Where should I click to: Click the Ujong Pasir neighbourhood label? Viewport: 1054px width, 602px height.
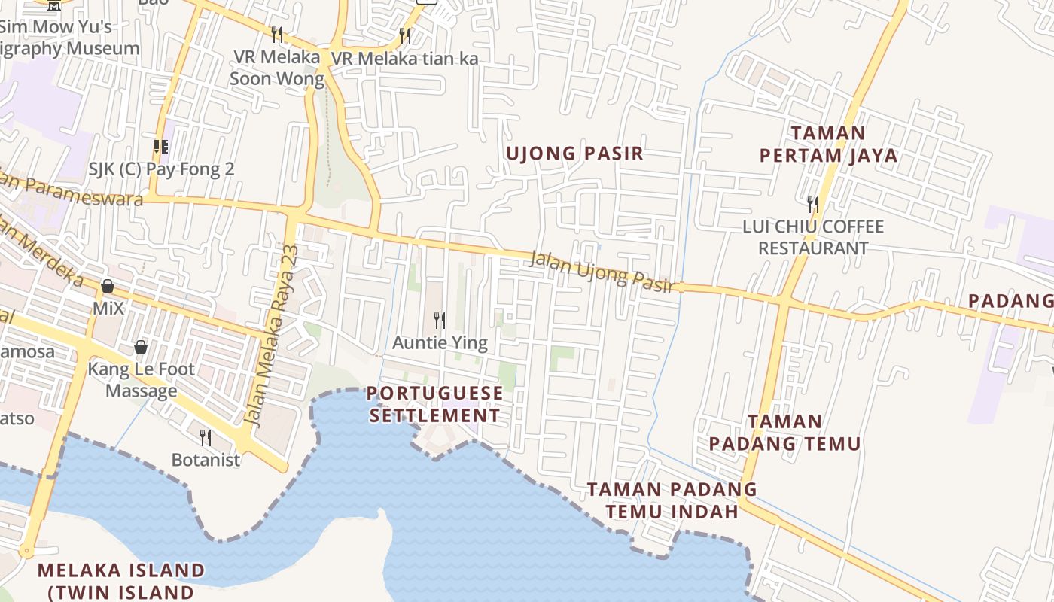[574, 154]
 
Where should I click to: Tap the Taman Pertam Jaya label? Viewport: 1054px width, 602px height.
[828, 144]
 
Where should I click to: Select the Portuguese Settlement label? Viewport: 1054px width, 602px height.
[435, 404]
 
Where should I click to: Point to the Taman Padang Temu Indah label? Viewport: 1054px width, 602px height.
[672, 500]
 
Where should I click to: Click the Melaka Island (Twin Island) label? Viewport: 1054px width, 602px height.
[120, 581]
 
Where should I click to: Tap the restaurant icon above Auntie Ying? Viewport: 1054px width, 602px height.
[440, 321]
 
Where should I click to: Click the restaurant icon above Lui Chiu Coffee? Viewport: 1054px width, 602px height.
[813, 203]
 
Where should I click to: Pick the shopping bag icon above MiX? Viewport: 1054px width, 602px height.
[108, 286]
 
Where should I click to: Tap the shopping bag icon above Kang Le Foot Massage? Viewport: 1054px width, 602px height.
[140, 347]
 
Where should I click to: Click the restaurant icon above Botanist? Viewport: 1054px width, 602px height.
[205, 437]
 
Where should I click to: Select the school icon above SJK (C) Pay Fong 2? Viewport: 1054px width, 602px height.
[160, 146]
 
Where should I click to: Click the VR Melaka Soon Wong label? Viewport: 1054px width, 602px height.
[276, 68]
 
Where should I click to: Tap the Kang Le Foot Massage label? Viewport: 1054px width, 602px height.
[142, 380]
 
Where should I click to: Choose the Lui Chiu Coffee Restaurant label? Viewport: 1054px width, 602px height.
[813, 237]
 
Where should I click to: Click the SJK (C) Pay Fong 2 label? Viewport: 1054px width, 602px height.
[161, 169]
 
